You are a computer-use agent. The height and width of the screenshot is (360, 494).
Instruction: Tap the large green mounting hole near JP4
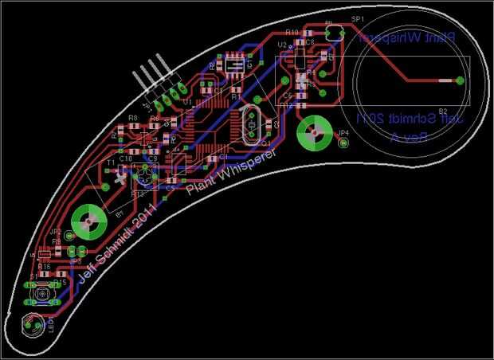(314, 132)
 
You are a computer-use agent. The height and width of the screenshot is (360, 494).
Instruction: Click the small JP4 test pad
(343, 143)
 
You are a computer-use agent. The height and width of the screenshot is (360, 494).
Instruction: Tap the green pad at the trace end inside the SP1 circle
(459, 80)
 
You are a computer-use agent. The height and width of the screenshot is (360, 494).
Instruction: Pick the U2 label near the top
(282, 45)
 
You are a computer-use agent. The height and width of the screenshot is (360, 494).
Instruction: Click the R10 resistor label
(291, 33)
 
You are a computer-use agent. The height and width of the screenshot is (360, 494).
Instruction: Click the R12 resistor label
(288, 105)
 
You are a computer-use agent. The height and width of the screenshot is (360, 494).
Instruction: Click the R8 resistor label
(132, 118)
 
